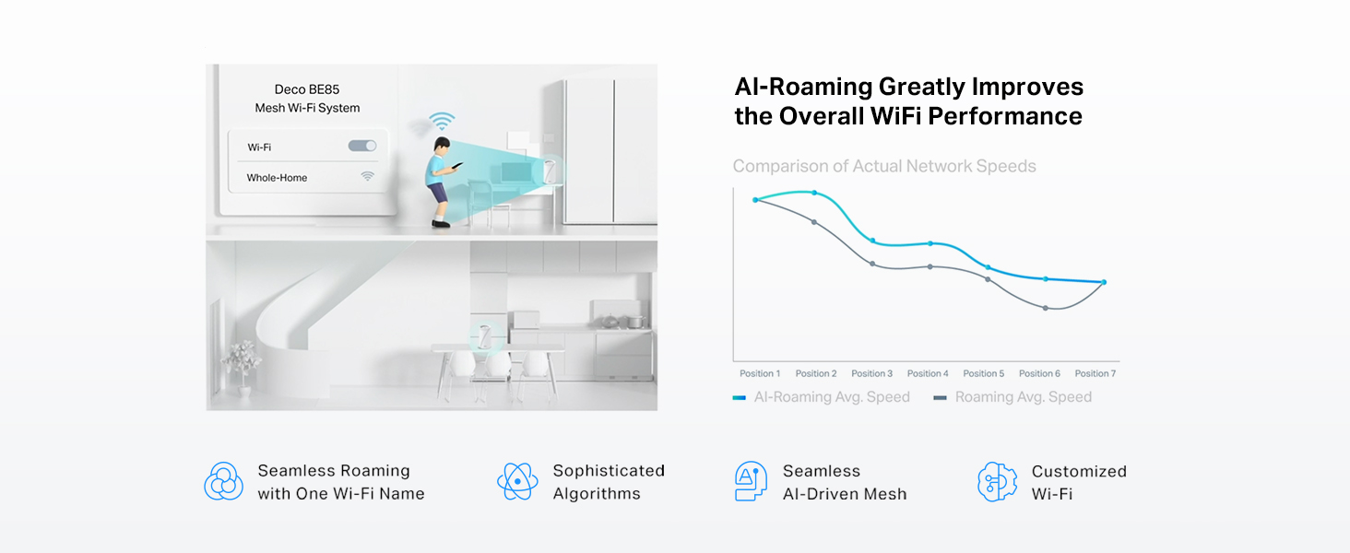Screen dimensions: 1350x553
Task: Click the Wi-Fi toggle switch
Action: [x=362, y=146]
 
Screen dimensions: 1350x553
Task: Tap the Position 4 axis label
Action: [x=928, y=373]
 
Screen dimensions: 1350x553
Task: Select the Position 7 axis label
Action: [x=1095, y=373]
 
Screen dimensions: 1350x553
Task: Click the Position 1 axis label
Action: [x=760, y=373]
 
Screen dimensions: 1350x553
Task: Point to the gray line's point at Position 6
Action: [x=1046, y=308]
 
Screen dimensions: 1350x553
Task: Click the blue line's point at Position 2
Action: [x=814, y=193]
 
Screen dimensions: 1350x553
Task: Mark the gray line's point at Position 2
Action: [x=814, y=222]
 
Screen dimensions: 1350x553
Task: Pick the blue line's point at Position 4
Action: [x=930, y=243]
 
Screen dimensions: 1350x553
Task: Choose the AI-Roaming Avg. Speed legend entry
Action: [x=822, y=397]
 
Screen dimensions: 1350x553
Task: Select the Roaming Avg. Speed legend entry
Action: [x=1012, y=397]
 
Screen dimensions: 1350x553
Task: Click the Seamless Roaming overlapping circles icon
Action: [x=223, y=481]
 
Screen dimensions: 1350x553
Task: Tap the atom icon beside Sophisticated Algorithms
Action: [x=517, y=481]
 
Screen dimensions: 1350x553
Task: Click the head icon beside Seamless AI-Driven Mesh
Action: [x=751, y=481]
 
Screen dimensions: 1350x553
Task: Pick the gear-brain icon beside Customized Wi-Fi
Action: [x=997, y=481]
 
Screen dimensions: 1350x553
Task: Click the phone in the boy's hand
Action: [x=458, y=165]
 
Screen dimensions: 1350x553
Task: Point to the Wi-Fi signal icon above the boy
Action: [x=442, y=121]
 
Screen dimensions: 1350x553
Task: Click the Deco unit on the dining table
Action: [x=484, y=335]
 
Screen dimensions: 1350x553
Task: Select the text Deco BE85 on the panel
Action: [x=307, y=89]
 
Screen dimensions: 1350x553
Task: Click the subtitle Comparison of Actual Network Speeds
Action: [x=884, y=166]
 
